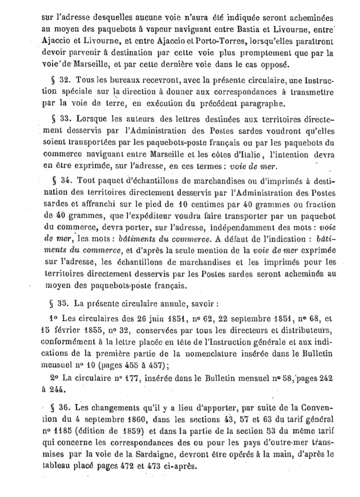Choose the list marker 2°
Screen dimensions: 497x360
click(x=57, y=377)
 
